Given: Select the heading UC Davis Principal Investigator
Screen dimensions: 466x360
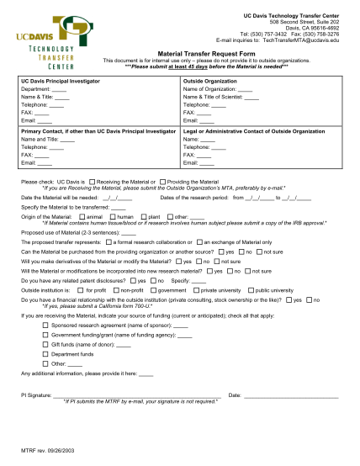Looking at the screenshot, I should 63,82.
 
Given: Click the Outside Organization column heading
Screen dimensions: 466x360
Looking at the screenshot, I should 211,82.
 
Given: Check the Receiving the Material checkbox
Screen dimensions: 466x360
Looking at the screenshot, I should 93,181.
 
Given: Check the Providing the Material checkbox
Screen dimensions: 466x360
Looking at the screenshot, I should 162,181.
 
